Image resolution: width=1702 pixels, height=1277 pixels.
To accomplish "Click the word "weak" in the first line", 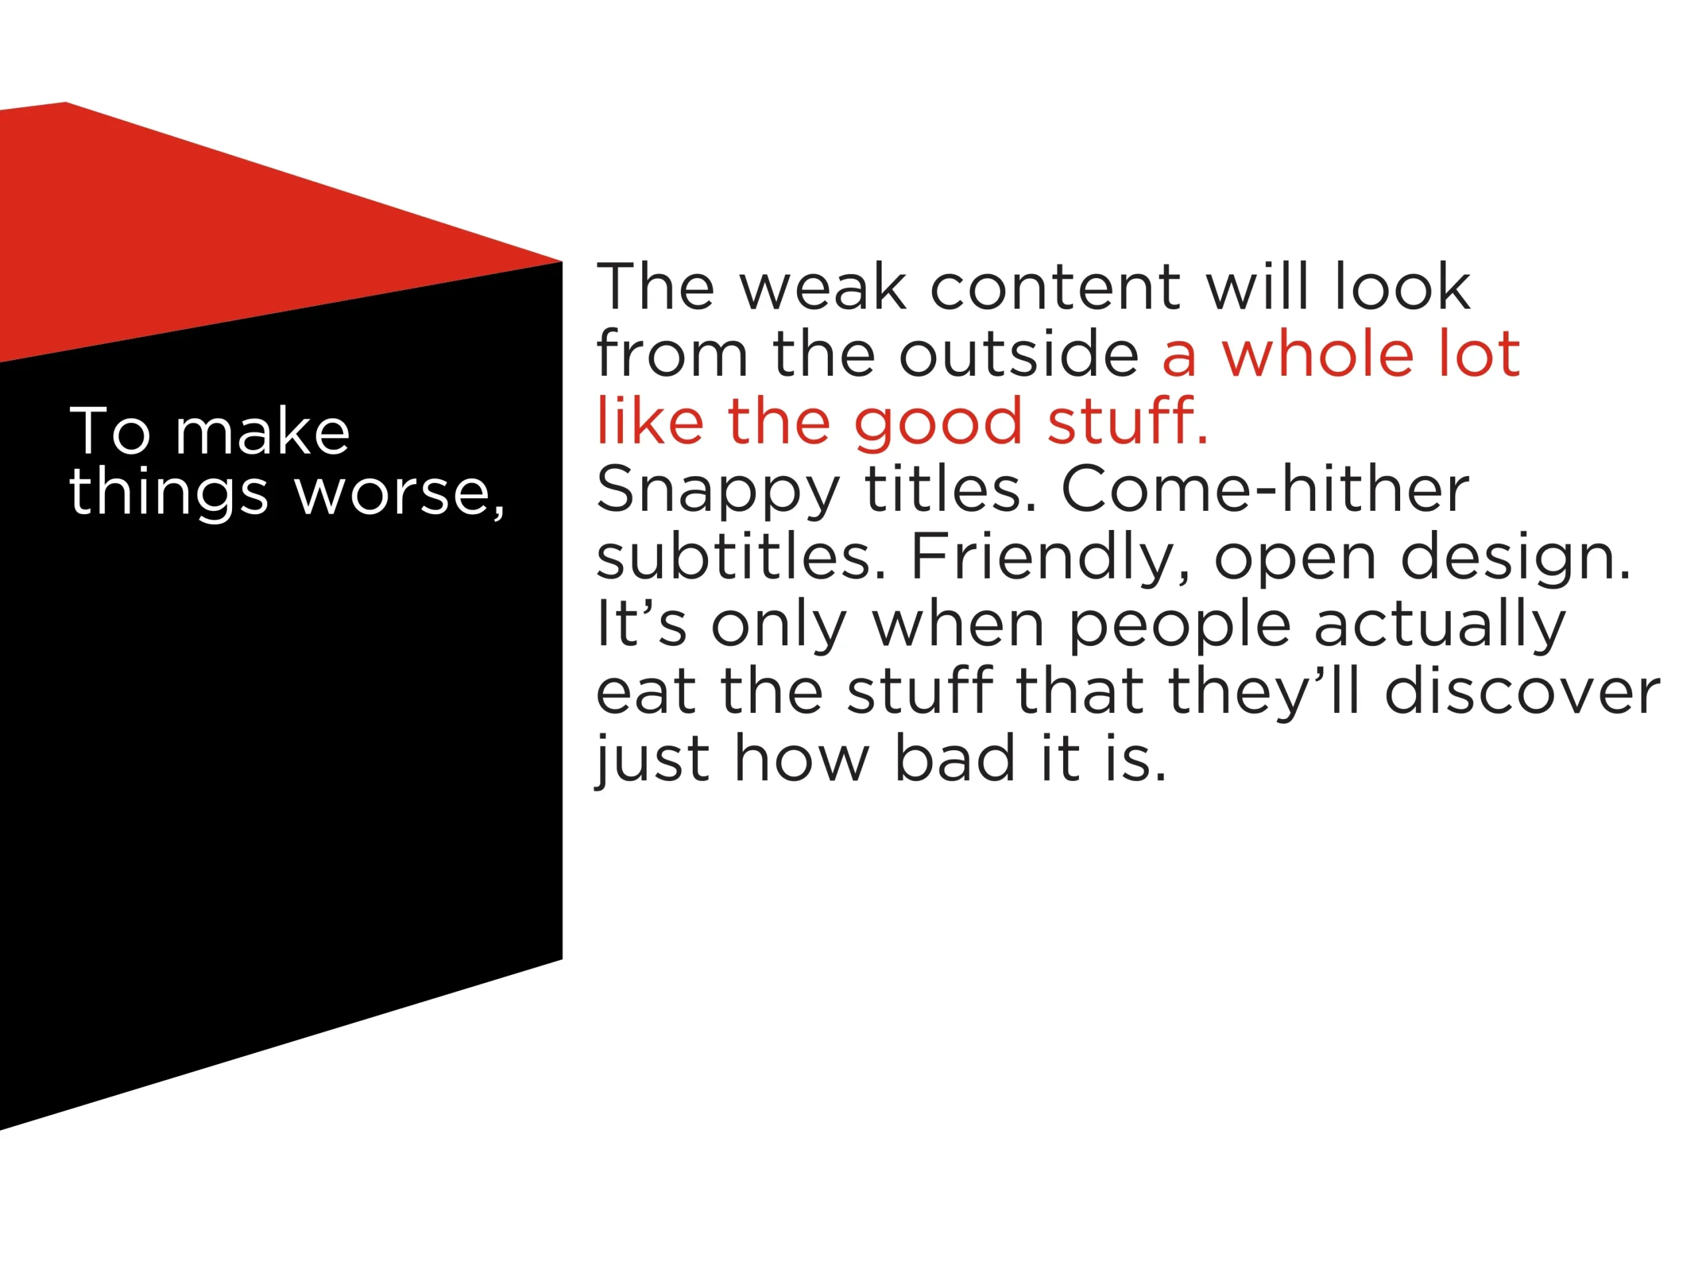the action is [822, 287].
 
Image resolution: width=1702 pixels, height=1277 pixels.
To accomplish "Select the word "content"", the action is [1055, 288].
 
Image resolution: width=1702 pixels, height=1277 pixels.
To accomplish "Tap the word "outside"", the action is [1019, 354].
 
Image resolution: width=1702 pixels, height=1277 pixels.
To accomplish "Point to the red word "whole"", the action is [1318, 354].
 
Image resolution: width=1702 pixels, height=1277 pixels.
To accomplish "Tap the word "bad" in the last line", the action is [955, 758].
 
